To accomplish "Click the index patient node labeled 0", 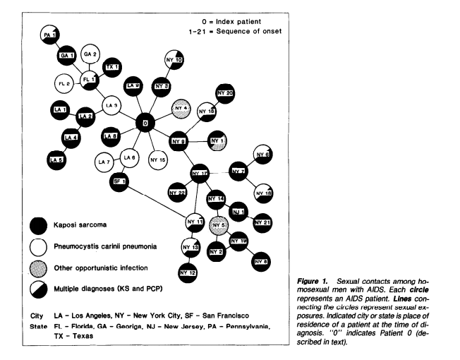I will (145, 124).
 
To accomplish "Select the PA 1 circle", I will (49, 34).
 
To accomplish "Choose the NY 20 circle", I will (226, 93).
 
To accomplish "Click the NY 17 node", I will (202, 173).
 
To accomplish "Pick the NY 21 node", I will (264, 223).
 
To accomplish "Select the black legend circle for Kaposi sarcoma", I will (48, 224).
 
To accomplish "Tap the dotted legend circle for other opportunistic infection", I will (48, 268).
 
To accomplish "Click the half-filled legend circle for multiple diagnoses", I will (48, 289).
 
